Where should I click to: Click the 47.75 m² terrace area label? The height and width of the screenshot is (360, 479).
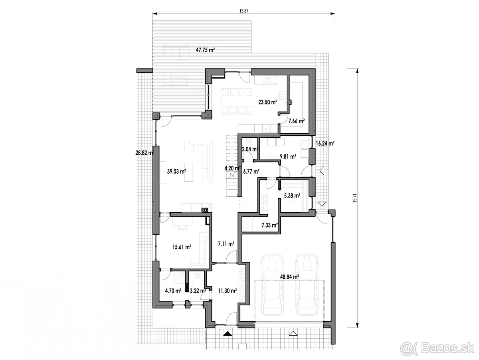coord(205,50)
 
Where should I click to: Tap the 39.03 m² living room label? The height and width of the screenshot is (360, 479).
coord(176,171)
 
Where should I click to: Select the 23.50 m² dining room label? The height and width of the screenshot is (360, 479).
coord(267,102)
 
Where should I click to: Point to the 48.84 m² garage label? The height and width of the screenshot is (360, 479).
coord(289,277)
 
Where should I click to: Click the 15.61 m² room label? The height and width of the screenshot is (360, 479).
coord(182,247)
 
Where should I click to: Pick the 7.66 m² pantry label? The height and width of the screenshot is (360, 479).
coord(296,121)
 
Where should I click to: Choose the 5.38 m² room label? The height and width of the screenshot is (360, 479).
coord(292,196)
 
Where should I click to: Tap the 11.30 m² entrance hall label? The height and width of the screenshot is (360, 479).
coord(228,291)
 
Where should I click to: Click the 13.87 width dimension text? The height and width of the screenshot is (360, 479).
coord(244,11)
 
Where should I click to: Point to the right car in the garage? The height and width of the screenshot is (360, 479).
coord(307,285)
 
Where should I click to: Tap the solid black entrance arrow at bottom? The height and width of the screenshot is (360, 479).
coord(227,340)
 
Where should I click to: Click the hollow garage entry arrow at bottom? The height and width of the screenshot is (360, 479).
coord(293,340)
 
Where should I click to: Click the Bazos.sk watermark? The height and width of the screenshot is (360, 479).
coord(437,348)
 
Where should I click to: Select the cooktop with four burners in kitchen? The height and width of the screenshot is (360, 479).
coord(283,95)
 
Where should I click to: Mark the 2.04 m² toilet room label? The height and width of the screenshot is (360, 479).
coord(250,149)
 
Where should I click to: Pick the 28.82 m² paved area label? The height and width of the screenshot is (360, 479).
coord(145,152)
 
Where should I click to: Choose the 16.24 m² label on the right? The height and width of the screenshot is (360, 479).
coord(325,143)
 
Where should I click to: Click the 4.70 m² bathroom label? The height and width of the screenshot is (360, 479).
coord(173,291)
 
